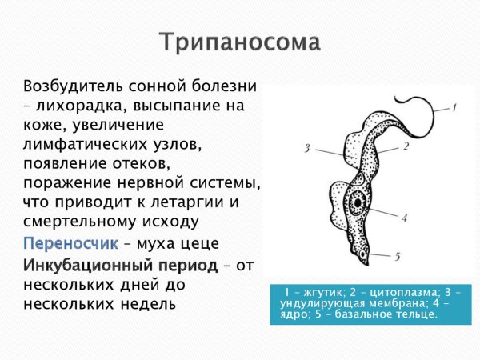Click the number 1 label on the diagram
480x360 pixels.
(453, 106)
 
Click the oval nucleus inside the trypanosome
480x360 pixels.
(362, 200)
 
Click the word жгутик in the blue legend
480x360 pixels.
(314, 292)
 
